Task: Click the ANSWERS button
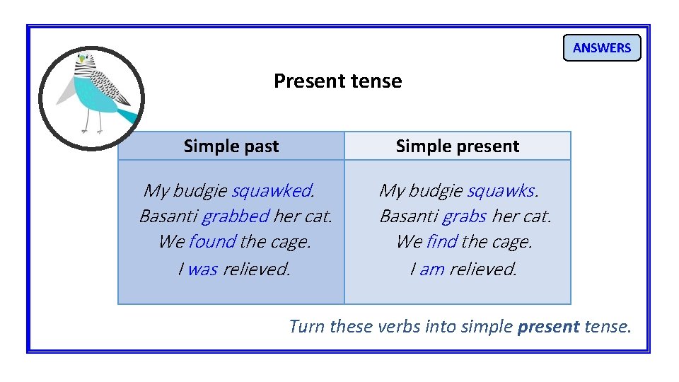coord(601,48)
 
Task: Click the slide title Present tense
coord(337,81)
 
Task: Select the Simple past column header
coord(231,146)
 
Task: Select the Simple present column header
coord(457,146)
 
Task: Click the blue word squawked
coord(272,190)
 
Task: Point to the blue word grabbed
coord(236,216)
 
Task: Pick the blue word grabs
coord(464,216)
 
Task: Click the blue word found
coord(212,242)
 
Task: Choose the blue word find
coord(442,242)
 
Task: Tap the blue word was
coord(202,269)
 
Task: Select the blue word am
coord(432,269)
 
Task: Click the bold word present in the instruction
coord(548,326)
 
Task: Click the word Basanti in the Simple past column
coord(168,216)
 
